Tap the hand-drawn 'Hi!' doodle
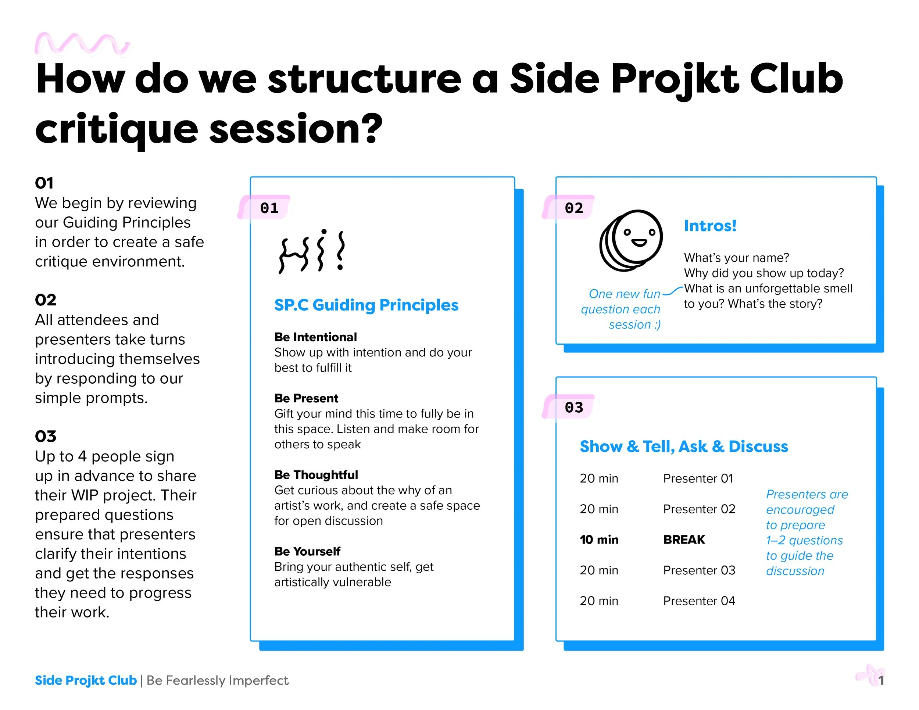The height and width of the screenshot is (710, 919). (312, 251)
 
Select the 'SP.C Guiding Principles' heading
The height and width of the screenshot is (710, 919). (366, 305)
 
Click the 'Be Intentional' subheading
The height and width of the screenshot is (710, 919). (316, 337)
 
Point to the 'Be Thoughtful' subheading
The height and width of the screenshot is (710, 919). (316, 474)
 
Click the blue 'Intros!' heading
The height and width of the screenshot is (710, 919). (710, 226)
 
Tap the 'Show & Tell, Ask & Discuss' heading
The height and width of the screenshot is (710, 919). (683, 446)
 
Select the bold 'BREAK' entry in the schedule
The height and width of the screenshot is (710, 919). (684, 539)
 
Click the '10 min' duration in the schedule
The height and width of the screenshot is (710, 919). (599, 539)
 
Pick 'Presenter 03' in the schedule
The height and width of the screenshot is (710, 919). (699, 570)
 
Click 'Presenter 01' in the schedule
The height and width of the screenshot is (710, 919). (698, 478)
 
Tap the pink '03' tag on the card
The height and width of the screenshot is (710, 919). (573, 407)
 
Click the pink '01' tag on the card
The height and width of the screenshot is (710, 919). (269, 208)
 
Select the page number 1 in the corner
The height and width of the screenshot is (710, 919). (881, 680)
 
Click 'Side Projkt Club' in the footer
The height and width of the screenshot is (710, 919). (86, 680)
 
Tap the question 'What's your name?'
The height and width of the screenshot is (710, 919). (736, 257)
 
